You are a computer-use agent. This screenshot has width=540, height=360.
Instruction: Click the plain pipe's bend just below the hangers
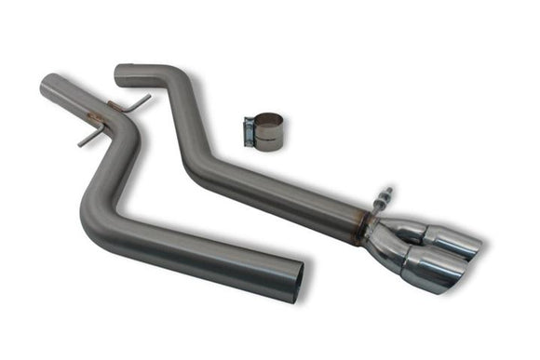click(x=127, y=140)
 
